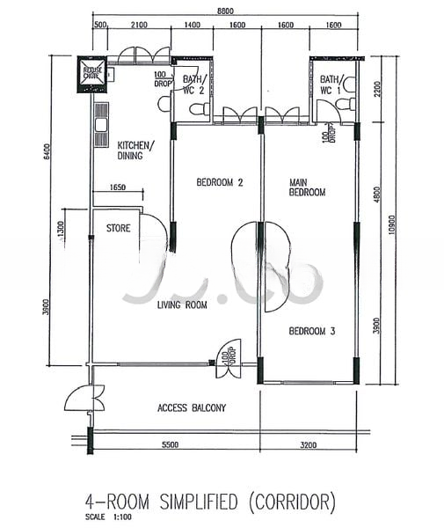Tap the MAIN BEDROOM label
point(308,187)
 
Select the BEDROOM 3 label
point(314,332)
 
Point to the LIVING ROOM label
point(182,305)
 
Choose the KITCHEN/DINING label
point(135,150)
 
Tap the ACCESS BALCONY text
point(192,407)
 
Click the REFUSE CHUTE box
point(92,74)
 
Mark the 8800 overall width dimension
point(225,11)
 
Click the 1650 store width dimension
point(120,188)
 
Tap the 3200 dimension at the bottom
point(307,445)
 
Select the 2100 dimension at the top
point(137,27)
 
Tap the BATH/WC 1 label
point(331,84)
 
